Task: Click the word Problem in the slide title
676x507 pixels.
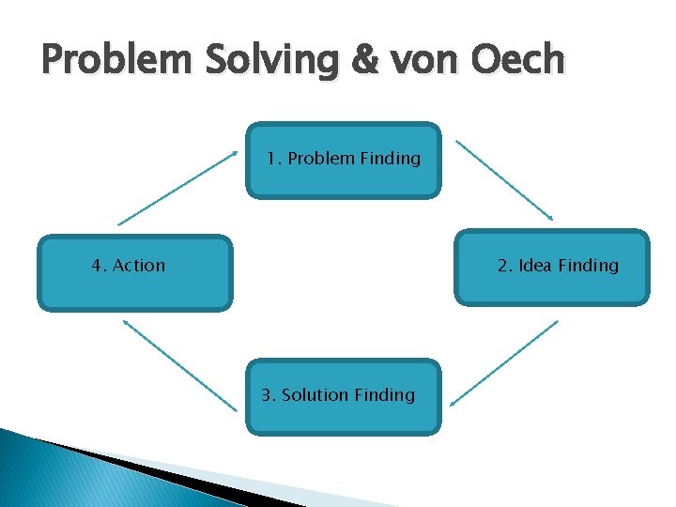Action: pos(106,61)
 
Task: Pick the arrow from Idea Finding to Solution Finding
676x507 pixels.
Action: pos(504,362)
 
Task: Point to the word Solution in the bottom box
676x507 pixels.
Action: pos(315,395)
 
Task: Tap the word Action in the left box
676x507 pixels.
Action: pos(138,266)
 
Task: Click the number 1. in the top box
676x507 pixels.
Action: pos(274,159)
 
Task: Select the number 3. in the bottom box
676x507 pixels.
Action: pos(268,395)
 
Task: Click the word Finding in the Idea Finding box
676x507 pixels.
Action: pos(589,266)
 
